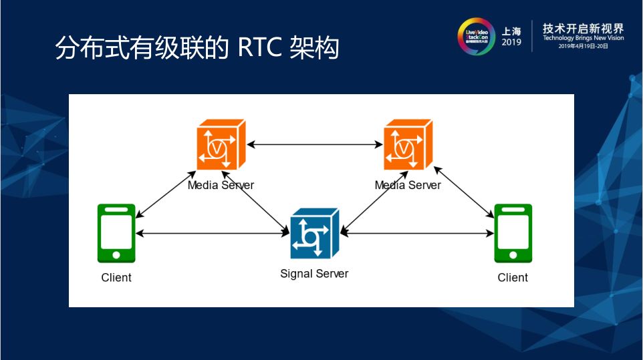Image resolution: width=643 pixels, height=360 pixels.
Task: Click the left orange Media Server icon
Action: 221,145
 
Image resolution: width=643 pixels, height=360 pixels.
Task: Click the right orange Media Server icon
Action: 408,145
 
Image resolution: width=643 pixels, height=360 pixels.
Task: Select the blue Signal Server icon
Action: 314,233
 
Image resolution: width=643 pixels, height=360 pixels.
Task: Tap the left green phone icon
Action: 116,233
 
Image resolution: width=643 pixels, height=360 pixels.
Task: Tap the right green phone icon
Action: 513,233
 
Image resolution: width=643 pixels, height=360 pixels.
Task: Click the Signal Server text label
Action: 314,273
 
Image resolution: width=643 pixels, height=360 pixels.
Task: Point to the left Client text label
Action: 116,277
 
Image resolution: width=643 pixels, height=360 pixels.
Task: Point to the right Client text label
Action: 513,277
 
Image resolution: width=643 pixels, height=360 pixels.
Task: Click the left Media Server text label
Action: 221,185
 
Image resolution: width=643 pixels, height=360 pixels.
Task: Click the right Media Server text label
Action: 408,185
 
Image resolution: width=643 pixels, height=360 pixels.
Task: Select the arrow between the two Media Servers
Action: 314,144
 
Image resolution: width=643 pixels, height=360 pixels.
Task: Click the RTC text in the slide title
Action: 261,49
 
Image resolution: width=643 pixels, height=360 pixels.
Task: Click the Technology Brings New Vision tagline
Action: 583,39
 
